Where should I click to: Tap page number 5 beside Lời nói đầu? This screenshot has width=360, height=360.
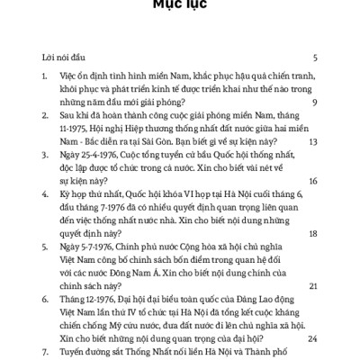[x=314, y=56]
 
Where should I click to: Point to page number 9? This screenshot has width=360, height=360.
[x=314, y=103]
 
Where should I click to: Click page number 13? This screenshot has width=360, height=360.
[x=312, y=141]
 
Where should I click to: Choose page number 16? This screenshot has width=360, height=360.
[x=312, y=181]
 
